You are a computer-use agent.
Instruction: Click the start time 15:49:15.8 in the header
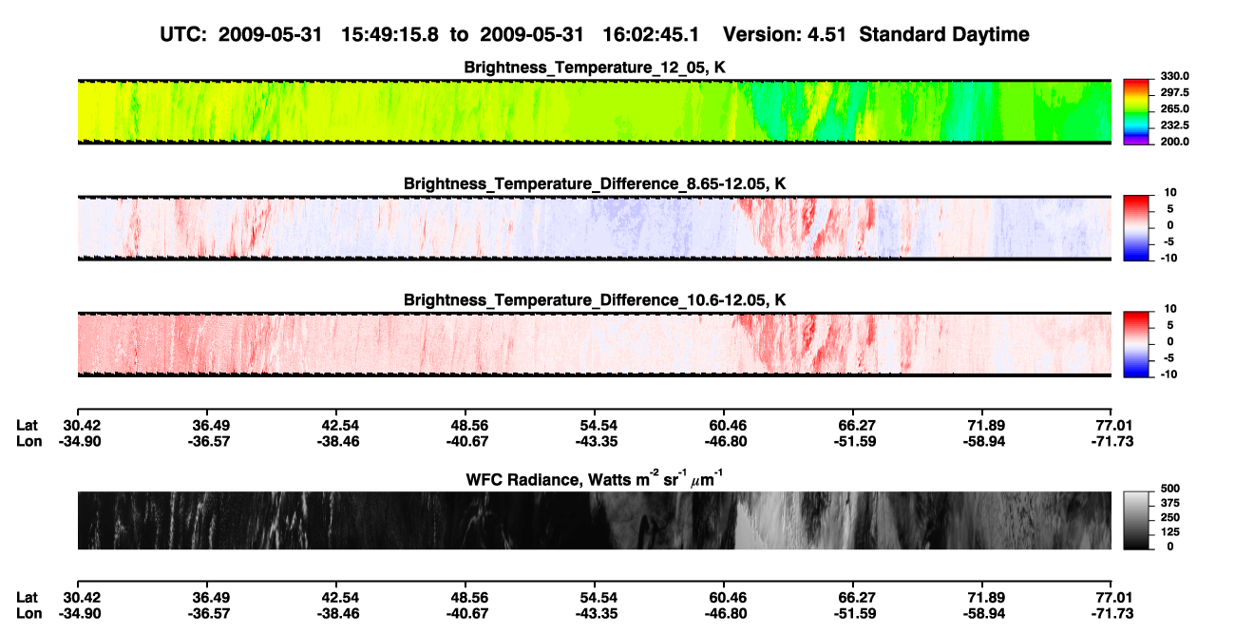pos(389,34)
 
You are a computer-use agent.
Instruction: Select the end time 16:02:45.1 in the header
pos(651,34)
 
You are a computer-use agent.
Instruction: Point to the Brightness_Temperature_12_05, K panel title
pos(595,67)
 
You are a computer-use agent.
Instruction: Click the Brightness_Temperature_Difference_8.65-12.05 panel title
pos(595,183)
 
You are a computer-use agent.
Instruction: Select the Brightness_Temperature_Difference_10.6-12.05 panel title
pos(595,300)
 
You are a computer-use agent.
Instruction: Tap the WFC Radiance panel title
pos(595,478)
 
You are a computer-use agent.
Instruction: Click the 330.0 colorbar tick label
pos(1174,76)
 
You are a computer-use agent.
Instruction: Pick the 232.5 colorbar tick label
pos(1174,125)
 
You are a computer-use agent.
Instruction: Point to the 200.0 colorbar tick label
pos(1174,142)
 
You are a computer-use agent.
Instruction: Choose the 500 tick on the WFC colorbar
pos(1170,489)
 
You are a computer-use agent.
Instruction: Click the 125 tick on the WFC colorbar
pos(1170,532)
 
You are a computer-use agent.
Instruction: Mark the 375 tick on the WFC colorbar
pos(1170,503)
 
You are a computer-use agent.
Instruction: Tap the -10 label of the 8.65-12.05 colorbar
pos(1168,259)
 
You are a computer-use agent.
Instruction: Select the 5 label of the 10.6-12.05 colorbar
pos(1170,325)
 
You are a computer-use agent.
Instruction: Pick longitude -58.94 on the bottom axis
pos(984,614)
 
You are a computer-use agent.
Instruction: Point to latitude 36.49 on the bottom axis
pos(211,598)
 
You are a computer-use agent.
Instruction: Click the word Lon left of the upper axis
pos(28,441)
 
